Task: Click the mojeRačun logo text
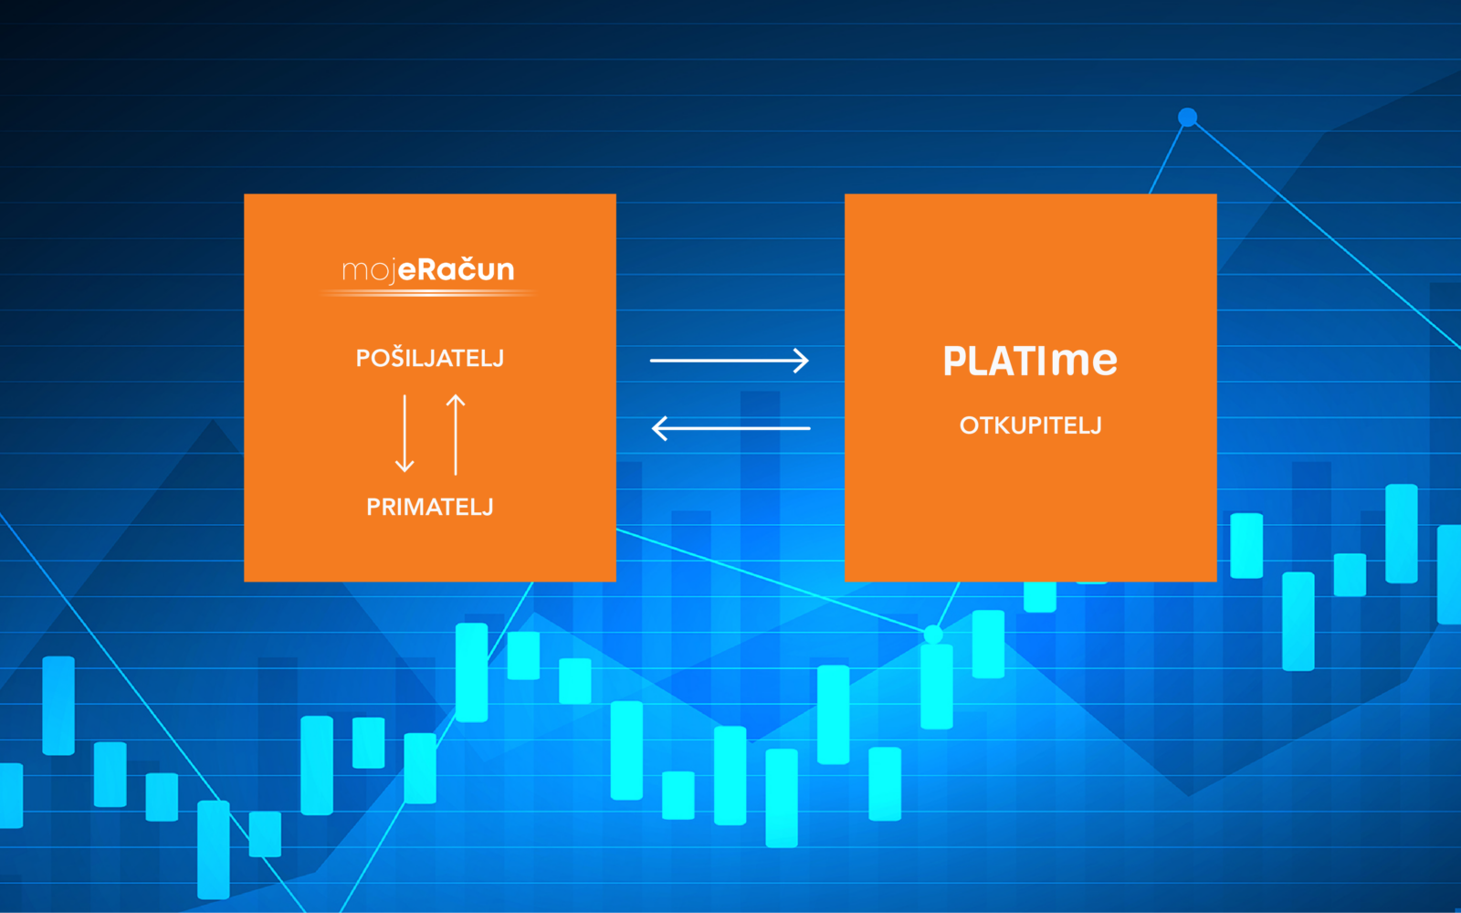[428, 270]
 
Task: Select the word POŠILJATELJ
[430, 358]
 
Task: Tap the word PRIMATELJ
[430, 507]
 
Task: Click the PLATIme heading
[1030, 361]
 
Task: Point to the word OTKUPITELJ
[1031, 425]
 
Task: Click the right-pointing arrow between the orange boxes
[730, 360]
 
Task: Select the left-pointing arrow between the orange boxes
[731, 428]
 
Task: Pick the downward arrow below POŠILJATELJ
[405, 433]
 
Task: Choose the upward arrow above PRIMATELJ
[456, 435]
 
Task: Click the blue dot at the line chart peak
[1188, 118]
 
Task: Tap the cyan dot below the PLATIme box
[933, 634]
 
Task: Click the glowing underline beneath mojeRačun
[428, 294]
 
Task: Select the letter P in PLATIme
[954, 361]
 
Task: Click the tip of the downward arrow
[405, 472]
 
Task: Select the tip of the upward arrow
[456, 394]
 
